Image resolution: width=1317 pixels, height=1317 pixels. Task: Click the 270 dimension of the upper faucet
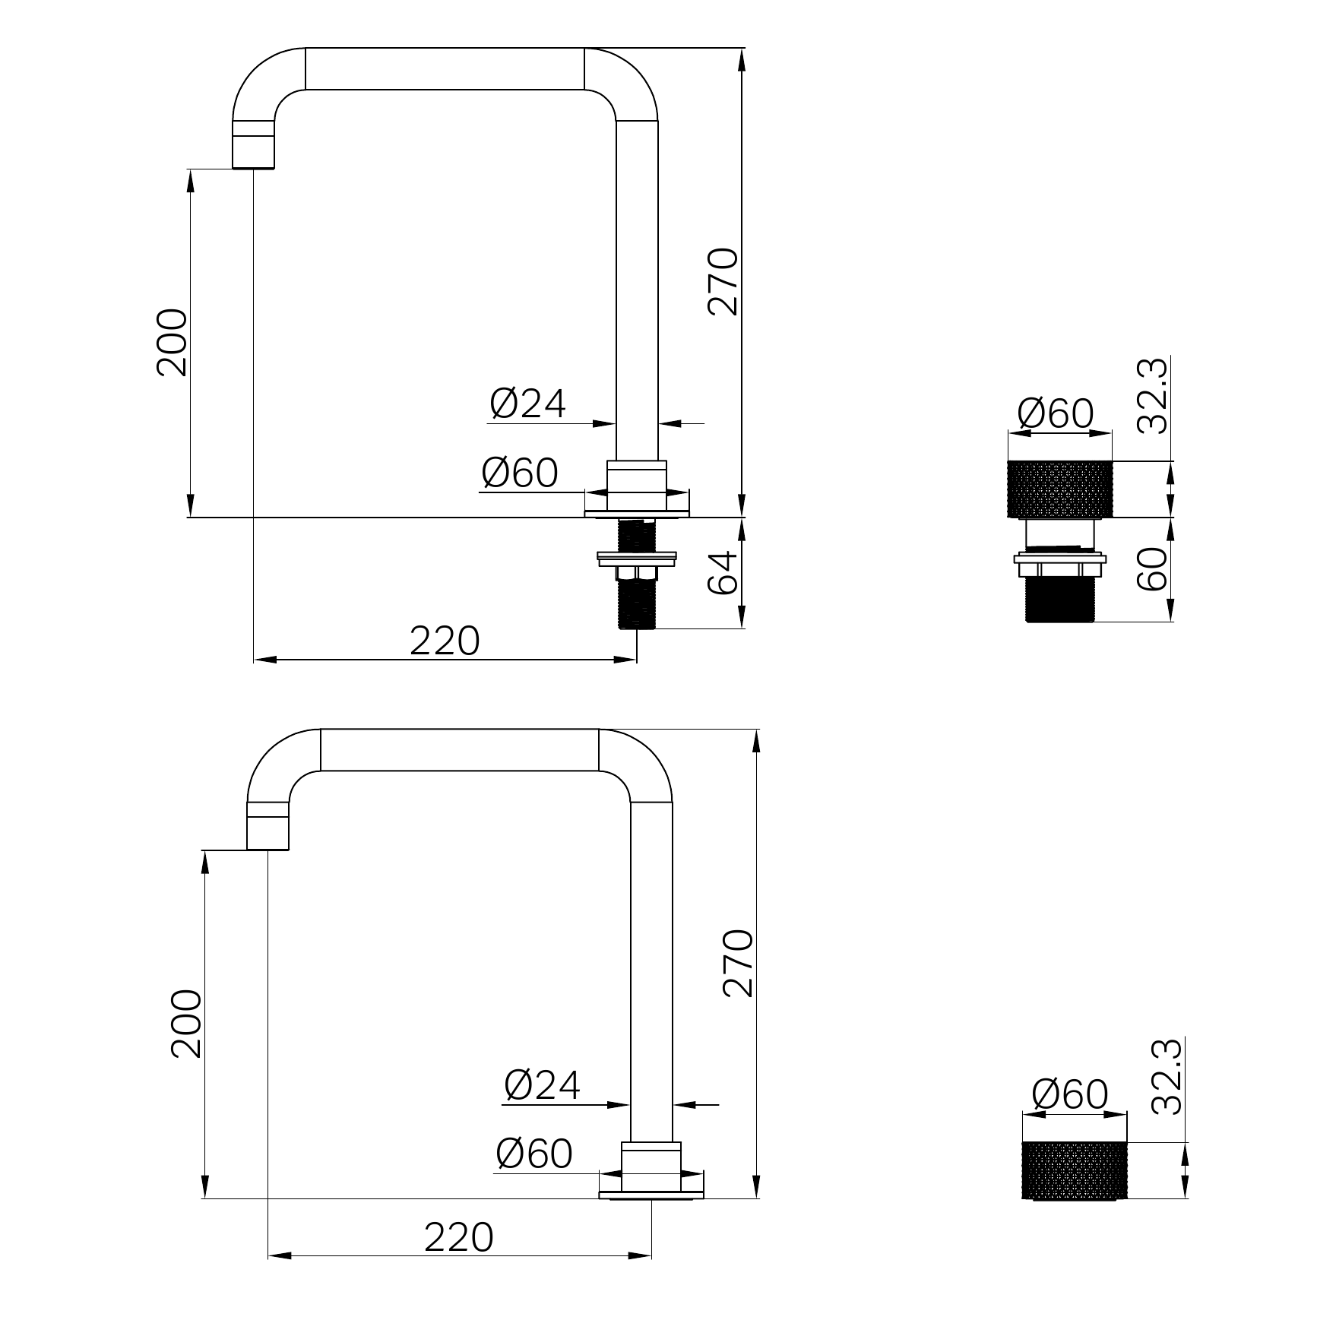click(x=723, y=281)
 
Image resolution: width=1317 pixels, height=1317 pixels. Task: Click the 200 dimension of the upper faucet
click(x=172, y=342)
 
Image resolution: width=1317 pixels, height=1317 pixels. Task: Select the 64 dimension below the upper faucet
click(x=723, y=573)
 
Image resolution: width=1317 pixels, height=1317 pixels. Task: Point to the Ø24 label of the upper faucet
click(x=528, y=403)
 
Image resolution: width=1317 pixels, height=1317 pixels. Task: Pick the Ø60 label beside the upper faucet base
click(x=520, y=473)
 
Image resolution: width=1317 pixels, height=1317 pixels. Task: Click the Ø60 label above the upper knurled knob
click(x=1056, y=413)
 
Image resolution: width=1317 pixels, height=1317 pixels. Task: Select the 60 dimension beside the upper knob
click(x=1152, y=568)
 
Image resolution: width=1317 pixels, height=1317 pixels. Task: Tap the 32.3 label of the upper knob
click(x=1152, y=396)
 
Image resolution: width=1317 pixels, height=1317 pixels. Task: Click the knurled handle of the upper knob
click(x=1060, y=489)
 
